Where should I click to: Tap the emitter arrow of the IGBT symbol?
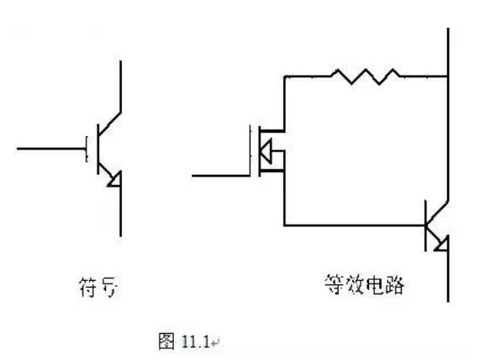tap(116, 178)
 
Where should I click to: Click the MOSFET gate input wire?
tap(220, 175)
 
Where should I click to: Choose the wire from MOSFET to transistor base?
tap(353, 225)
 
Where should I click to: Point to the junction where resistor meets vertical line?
tap(448, 77)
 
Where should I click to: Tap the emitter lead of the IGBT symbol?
tap(122, 210)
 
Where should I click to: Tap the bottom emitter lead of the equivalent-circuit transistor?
tap(448, 278)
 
